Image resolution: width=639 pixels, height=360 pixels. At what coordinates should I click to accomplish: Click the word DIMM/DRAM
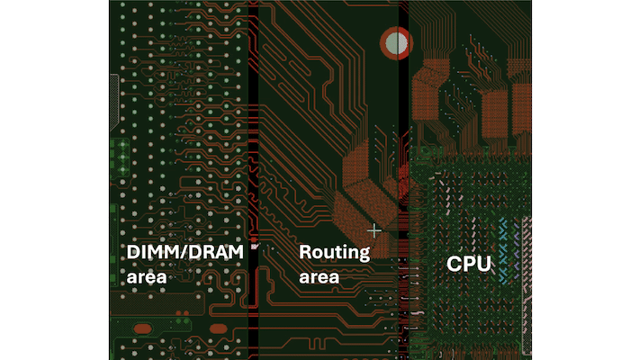185,252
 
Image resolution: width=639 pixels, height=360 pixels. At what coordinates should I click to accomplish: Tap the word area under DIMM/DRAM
147,277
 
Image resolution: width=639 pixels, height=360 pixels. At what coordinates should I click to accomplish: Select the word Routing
335,253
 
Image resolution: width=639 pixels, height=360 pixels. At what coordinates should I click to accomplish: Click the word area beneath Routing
319,277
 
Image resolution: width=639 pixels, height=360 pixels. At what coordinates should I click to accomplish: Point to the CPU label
469,265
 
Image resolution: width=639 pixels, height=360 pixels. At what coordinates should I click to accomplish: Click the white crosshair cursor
374,231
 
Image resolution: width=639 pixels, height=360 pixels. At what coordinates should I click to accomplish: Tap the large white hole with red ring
396,43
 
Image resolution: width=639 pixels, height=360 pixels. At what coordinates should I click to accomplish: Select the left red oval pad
142,328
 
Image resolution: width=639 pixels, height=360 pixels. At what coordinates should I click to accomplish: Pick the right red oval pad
218,328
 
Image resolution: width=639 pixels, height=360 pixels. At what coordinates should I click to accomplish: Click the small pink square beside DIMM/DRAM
255,247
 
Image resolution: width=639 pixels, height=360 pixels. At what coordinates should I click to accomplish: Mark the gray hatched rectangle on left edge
114,102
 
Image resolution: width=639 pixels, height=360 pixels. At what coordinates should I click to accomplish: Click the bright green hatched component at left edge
121,157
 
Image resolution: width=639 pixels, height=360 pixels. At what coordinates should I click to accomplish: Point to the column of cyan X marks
504,251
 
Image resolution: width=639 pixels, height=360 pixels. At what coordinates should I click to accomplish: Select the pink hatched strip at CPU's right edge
526,285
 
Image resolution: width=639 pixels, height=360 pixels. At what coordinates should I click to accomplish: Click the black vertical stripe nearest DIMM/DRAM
253,180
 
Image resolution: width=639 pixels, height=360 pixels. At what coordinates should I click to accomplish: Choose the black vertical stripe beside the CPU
403,180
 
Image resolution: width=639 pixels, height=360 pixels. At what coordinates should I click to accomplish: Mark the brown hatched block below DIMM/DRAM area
157,302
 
